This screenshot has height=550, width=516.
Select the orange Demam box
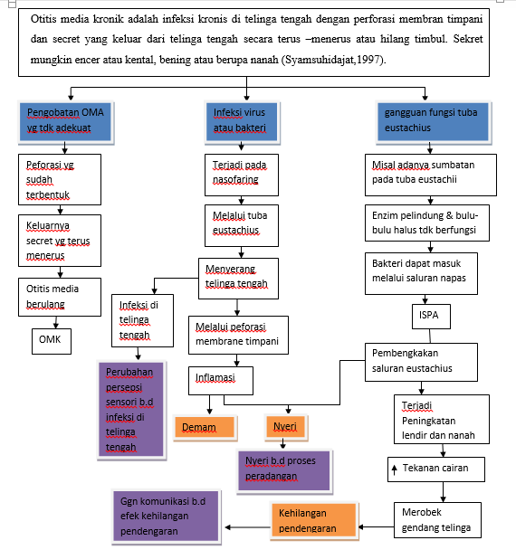click(x=205, y=425)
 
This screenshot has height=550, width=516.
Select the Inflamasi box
click(x=221, y=376)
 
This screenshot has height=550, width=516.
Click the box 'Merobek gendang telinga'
click(x=435, y=519)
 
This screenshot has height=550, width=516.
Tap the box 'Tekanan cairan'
click(x=435, y=469)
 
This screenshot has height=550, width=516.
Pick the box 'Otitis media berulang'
click(x=55, y=296)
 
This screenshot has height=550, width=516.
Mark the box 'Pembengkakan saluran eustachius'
click(x=422, y=361)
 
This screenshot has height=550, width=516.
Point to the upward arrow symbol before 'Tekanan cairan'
click(x=394, y=469)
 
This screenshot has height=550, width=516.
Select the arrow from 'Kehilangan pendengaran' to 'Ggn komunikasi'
click(x=246, y=527)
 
